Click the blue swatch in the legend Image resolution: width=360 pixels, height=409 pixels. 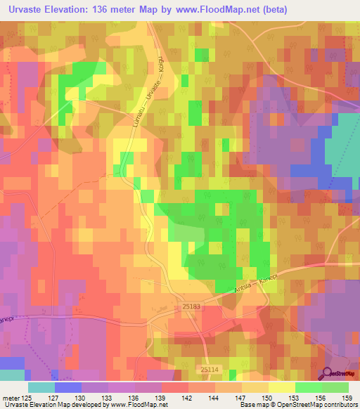click(67, 387)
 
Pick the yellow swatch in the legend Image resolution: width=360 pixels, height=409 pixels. click(281, 387)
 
